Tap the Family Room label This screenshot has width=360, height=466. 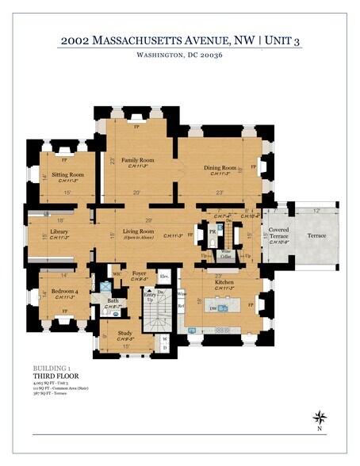click(x=138, y=160)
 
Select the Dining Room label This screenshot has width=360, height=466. click(x=219, y=168)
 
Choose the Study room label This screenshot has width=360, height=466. click(x=126, y=334)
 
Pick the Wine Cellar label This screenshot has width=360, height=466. click(x=226, y=255)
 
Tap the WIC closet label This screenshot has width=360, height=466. click(x=117, y=275)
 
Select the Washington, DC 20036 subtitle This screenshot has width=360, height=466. click(x=179, y=55)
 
